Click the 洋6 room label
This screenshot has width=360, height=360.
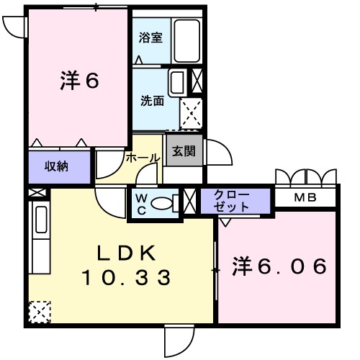click(78, 81)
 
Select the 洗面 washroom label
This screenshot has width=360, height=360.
click(151, 101)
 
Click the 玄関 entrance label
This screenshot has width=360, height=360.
click(183, 151)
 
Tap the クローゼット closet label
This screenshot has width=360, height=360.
click(233, 201)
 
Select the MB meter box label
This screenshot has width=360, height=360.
click(305, 197)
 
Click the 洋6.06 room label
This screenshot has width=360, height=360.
click(280, 266)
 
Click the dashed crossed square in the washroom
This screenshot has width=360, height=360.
click(192, 113)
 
